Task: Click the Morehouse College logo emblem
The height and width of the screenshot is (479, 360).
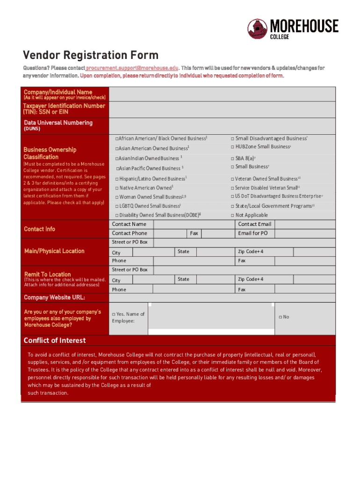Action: coord(258,29)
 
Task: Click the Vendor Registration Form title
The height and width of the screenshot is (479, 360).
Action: coord(91,55)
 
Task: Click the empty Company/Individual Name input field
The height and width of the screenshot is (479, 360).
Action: coord(222,94)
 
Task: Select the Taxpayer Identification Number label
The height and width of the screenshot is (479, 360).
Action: coord(64,109)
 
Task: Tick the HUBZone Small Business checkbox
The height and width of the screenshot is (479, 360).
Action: coord(232,147)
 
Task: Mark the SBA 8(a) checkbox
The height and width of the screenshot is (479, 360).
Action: coord(232,158)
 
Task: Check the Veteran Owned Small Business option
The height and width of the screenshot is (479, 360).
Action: coord(232,179)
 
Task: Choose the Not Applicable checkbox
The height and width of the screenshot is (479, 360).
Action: coord(232,215)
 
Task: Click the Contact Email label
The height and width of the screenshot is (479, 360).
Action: coord(254,224)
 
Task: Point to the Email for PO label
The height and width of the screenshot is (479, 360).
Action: coord(252,233)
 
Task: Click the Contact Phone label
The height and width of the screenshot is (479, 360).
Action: coord(130,233)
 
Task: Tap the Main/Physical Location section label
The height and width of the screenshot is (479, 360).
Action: coord(54,251)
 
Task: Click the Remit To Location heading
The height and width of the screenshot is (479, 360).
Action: coord(47,274)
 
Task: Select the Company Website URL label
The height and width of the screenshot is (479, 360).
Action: coord(54,298)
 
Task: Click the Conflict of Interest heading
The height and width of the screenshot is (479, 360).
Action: coord(55,340)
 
